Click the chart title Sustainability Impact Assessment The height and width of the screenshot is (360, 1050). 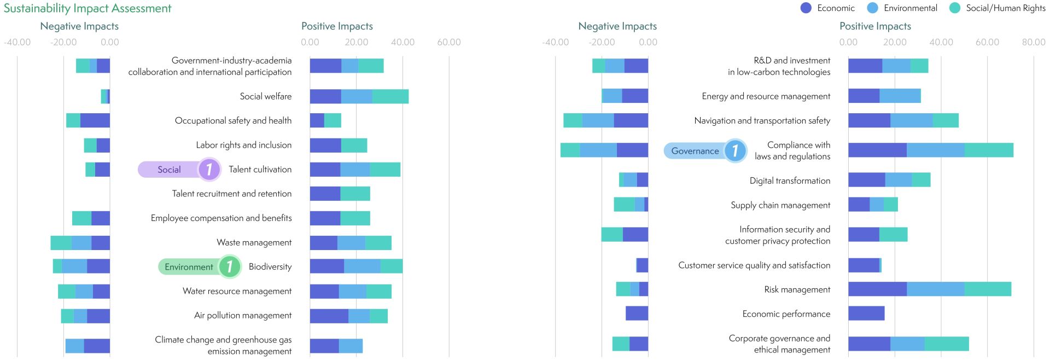click(x=87, y=8)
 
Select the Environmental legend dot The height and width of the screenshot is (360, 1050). click(x=872, y=8)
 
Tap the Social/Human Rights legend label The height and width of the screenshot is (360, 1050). click(x=1005, y=8)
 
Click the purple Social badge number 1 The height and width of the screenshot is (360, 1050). click(x=209, y=170)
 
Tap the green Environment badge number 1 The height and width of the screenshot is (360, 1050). click(x=229, y=267)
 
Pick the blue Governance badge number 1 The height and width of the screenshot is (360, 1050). click(x=735, y=150)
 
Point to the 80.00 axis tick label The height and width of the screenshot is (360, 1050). click(x=1033, y=42)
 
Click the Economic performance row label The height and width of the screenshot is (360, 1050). click(x=786, y=314)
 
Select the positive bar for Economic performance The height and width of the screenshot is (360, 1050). click(x=866, y=313)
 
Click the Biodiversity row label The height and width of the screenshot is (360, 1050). click(x=270, y=267)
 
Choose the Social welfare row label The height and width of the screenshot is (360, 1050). click(x=265, y=96)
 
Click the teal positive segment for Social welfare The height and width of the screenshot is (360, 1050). click(x=390, y=96)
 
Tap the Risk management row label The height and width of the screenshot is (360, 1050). click(x=797, y=289)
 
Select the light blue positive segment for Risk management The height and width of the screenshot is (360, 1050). click(x=935, y=289)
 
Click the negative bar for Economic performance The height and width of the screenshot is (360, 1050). click(x=637, y=313)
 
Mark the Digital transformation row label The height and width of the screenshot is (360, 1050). click(x=790, y=181)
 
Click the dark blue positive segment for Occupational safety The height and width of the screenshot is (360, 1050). click(x=317, y=120)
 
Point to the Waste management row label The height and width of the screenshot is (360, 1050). click(x=254, y=242)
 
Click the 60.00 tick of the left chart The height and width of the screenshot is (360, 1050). click(x=448, y=42)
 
